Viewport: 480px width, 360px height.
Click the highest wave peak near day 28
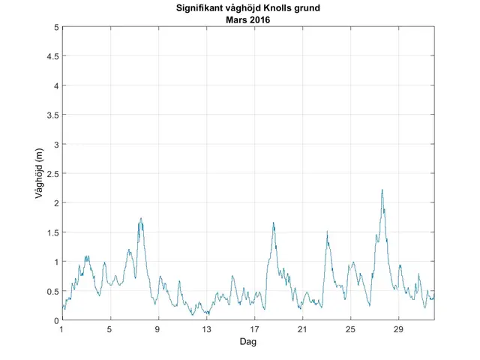[382, 190]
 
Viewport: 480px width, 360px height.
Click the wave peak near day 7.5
[140, 218]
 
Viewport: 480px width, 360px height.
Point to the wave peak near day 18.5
[273, 223]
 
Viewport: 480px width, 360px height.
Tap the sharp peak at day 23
[327, 232]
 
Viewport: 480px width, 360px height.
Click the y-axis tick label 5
[55, 27]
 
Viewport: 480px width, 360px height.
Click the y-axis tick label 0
[55, 320]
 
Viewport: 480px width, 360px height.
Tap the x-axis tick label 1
[62, 330]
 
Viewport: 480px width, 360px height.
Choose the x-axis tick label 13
[206, 330]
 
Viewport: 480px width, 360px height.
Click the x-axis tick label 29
[399, 330]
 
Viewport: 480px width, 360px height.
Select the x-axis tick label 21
[302, 330]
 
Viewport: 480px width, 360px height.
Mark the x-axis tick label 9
[158, 330]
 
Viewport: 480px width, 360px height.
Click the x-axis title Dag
[248, 342]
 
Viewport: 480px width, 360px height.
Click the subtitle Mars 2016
[248, 20]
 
